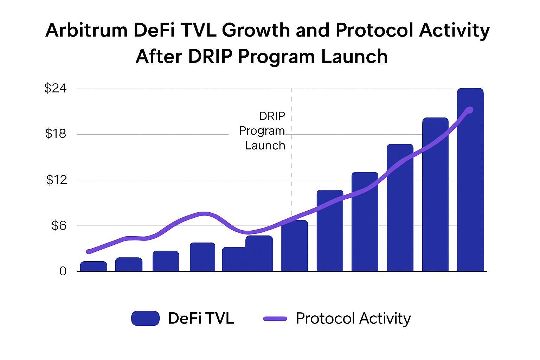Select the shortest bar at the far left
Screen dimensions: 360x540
pyautogui.click(x=94, y=266)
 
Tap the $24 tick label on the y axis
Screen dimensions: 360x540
pyautogui.click(x=55, y=88)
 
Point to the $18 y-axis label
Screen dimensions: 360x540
pyautogui.click(x=56, y=134)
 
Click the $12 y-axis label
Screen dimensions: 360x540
pyautogui.click(x=56, y=180)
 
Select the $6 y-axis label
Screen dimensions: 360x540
pyautogui.click(x=59, y=226)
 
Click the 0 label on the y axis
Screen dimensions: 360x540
pyautogui.click(x=63, y=271)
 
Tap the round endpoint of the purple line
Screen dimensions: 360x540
pyautogui.click(x=470, y=110)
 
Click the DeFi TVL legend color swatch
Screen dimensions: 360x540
pyautogui.click(x=145, y=319)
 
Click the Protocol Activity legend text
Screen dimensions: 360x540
pyautogui.click(x=353, y=319)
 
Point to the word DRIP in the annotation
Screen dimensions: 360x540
pyautogui.click(x=272, y=116)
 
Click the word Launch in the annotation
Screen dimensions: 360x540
pyautogui.click(x=265, y=146)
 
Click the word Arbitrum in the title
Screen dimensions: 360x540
pyautogui.click(x=86, y=30)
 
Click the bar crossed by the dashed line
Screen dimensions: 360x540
pyautogui.click(x=294, y=246)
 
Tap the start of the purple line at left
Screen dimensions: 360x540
pyautogui.click(x=89, y=251)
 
